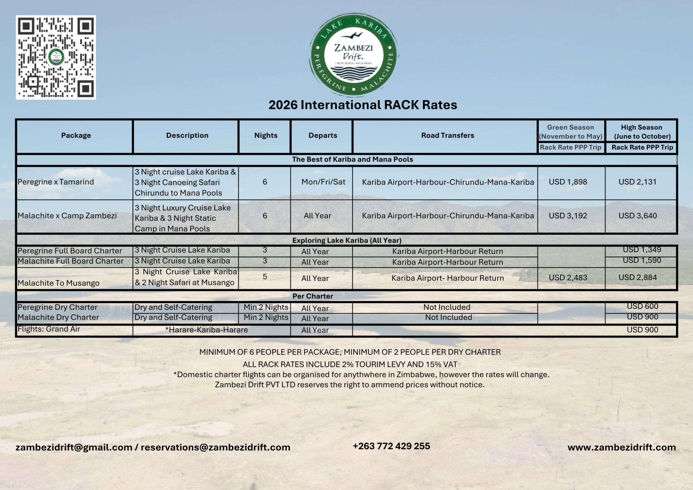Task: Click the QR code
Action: tap(56, 57)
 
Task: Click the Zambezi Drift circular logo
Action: tap(354, 55)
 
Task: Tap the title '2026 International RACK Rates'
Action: tap(362, 105)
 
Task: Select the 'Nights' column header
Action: tap(266, 135)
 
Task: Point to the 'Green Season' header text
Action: tap(570, 128)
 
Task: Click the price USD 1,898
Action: tap(568, 182)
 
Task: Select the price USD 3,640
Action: tap(638, 215)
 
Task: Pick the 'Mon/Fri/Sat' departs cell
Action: tap(323, 182)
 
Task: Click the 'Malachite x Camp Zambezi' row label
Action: tap(67, 215)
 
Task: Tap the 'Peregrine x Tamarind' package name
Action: tap(56, 182)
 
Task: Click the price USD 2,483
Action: tap(568, 277)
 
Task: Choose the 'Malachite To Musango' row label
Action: tap(58, 283)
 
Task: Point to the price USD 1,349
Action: tap(642, 250)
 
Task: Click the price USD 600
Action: tap(642, 306)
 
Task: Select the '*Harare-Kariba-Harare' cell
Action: tap(207, 330)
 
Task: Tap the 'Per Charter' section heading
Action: tap(313, 296)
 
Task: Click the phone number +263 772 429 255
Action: tap(391, 446)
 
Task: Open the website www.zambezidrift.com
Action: tap(622, 447)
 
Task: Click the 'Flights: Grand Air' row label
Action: tap(49, 329)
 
